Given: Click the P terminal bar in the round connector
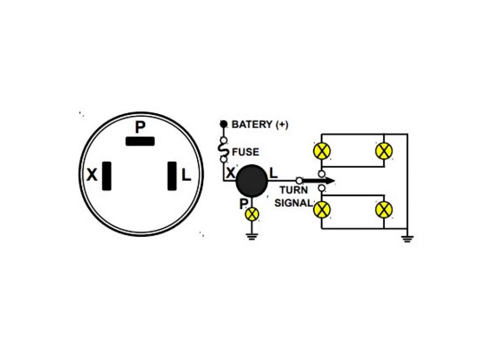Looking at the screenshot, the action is coord(140,141).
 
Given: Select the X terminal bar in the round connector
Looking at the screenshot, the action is coord(107,176).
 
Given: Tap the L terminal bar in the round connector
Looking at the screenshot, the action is coord(172,176).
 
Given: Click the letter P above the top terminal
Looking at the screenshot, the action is coord(140,127).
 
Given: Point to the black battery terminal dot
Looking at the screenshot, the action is coord(224,124).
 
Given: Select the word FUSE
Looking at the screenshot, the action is coord(245,152).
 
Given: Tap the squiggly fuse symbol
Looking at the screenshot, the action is coord(224,150).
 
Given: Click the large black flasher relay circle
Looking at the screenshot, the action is coord(252,181).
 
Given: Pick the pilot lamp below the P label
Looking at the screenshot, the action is coord(252,214).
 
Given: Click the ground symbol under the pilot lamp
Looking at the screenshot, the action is coord(252,237).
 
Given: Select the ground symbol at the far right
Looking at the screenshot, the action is coord(407,239).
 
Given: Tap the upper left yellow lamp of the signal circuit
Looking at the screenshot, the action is coord(322,151).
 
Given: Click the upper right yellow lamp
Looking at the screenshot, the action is coord(384,151).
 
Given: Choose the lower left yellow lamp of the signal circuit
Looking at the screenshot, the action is coord(322,210).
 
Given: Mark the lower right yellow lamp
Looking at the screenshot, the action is coord(384,210).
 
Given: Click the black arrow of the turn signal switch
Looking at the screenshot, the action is coord(318,181).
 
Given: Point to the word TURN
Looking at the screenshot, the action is coord(294,190).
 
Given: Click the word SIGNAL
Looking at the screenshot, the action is coord(294,203).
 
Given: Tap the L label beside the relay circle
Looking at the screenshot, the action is coord(273,173).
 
